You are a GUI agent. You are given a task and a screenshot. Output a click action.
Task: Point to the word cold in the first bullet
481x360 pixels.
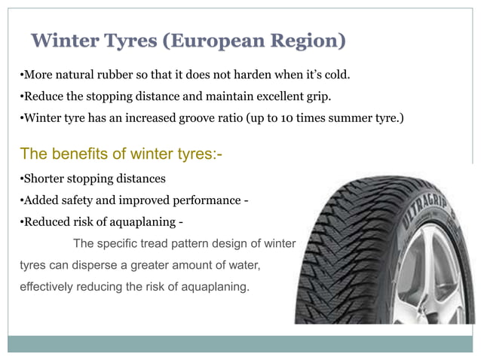click(337, 76)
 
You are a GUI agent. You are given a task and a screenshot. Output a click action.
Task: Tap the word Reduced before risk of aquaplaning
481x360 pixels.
click(47, 221)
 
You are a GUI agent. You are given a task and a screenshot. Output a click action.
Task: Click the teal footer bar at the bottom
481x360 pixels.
click(241, 343)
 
